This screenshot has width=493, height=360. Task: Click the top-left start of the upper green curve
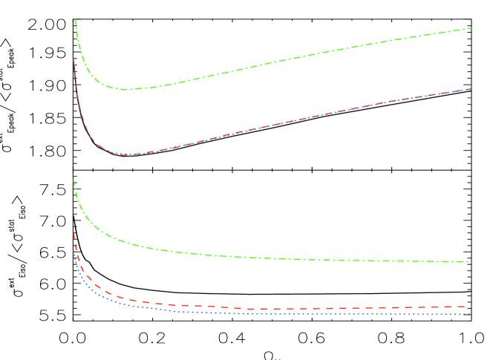click(x=75, y=20)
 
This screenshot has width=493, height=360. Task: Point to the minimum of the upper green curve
click(x=127, y=89)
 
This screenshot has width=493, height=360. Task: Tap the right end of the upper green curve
click(x=471, y=28)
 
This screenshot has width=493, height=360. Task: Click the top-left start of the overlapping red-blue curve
click(x=74, y=59)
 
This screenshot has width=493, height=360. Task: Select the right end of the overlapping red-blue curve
click(x=471, y=89)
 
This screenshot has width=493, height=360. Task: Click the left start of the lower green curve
click(x=74, y=180)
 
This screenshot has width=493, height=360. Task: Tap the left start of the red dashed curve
click(x=74, y=235)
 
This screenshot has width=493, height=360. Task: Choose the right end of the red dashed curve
click(x=471, y=306)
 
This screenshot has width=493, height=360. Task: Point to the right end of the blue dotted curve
click(x=471, y=313)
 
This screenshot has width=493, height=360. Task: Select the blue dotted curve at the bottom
click(x=297, y=313)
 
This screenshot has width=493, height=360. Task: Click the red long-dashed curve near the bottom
click(x=297, y=308)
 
